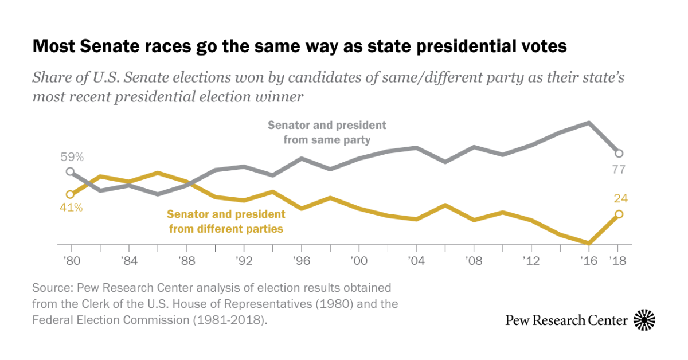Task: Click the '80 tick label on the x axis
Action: point(72,260)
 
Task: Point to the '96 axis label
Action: point(302,260)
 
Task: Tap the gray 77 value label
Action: point(619,170)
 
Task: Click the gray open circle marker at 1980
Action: point(70,171)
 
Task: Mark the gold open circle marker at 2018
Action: point(619,214)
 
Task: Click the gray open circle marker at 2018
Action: point(619,153)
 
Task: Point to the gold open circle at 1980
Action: point(70,194)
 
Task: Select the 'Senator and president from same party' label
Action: point(327,132)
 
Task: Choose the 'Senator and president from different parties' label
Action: point(226,221)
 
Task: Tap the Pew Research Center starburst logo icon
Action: point(644,320)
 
